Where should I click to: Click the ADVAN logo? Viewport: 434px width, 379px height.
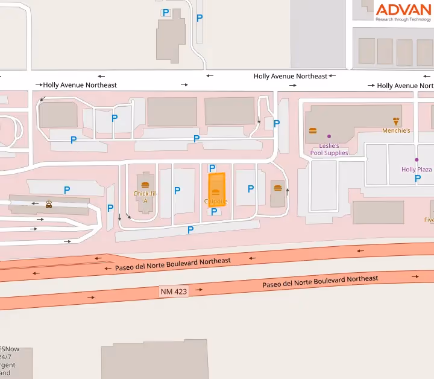403,11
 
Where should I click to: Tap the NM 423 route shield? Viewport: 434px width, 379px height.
174,291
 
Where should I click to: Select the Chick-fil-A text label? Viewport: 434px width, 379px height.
145,197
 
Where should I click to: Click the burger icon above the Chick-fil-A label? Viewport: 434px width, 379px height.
145,184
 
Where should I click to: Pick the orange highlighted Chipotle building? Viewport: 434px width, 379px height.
216,189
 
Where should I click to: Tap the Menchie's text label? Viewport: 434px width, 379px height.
396,130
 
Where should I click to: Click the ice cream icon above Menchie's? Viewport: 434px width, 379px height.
396,121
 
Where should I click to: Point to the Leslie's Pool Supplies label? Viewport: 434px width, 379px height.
329,150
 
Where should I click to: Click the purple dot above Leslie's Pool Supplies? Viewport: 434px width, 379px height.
329,136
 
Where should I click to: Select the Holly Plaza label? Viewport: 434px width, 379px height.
417,170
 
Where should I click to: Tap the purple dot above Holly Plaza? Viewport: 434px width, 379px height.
417,160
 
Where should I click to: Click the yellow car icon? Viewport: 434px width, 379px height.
48,205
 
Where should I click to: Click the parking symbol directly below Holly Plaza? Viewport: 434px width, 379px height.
417,179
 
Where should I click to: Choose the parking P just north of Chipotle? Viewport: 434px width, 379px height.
212,168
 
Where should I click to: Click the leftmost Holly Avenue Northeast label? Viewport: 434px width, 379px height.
80,85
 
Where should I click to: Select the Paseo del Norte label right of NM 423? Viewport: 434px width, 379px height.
320,281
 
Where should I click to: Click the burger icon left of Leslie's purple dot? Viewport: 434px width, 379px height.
312,130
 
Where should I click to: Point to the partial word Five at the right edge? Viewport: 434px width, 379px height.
429,220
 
